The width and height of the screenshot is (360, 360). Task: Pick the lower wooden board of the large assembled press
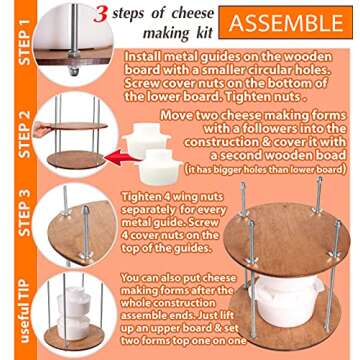pyautogui.click(x=290, y=335)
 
